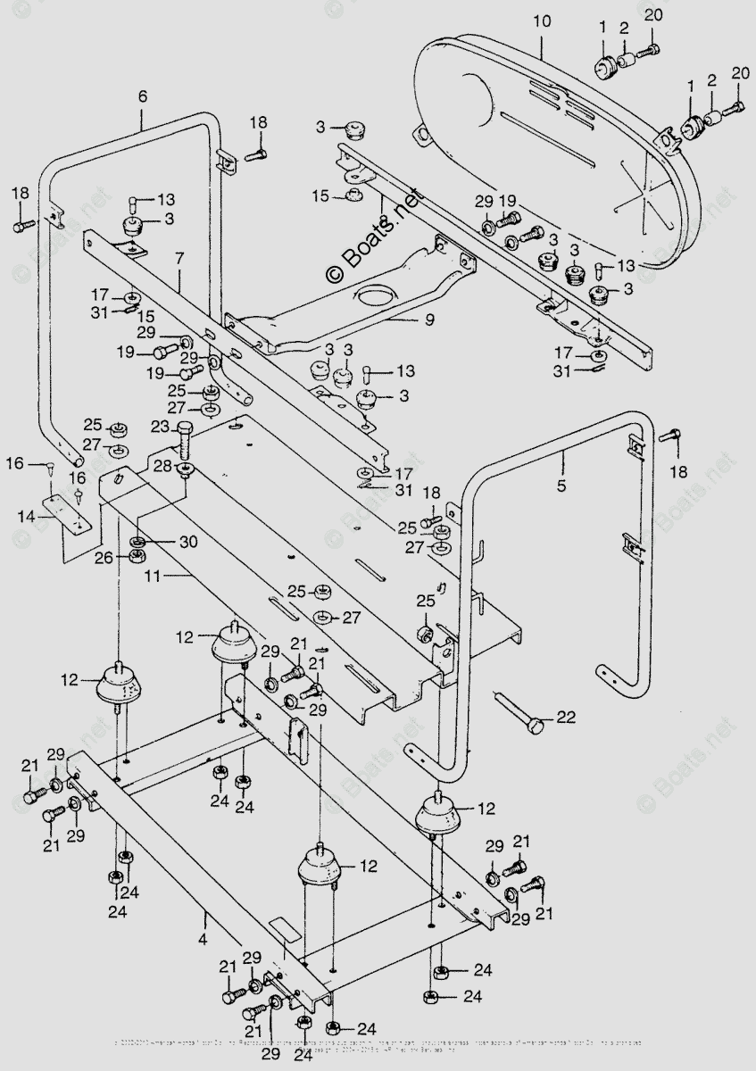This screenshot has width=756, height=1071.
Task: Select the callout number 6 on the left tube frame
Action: (142, 95)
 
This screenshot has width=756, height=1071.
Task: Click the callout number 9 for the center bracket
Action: (429, 319)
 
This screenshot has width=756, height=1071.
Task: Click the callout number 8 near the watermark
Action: (382, 220)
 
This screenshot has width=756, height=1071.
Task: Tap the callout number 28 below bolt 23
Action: (162, 466)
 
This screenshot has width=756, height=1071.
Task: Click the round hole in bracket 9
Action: (376, 296)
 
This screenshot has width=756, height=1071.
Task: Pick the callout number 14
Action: (27, 516)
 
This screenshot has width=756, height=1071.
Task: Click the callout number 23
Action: (161, 426)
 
